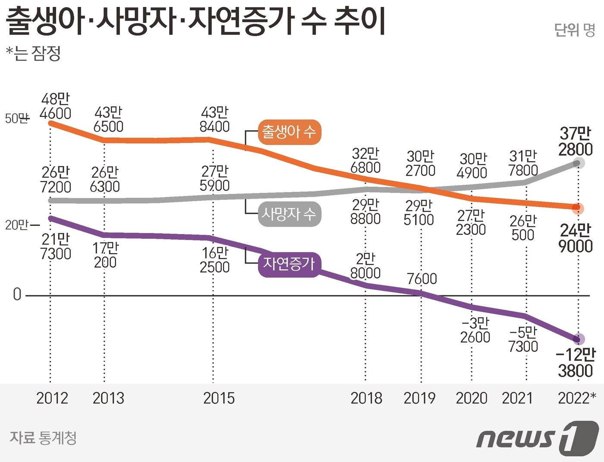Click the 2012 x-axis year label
pyautogui.click(x=52, y=398)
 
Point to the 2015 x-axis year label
pyautogui.click(x=219, y=398)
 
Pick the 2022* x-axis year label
pyautogui.click(x=577, y=398)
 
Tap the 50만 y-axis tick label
pyautogui.click(x=16, y=118)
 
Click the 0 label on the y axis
pyautogui.click(x=17, y=294)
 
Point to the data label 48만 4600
pyautogui.click(x=55, y=106)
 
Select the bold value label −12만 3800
pyautogui.click(x=576, y=363)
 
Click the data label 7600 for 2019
pyautogui.click(x=422, y=279)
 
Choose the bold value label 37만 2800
pyautogui.click(x=576, y=141)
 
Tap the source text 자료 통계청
pyautogui.click(x=43, y=438)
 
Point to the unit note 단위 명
pyautogui.click(x=574, y=30)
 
